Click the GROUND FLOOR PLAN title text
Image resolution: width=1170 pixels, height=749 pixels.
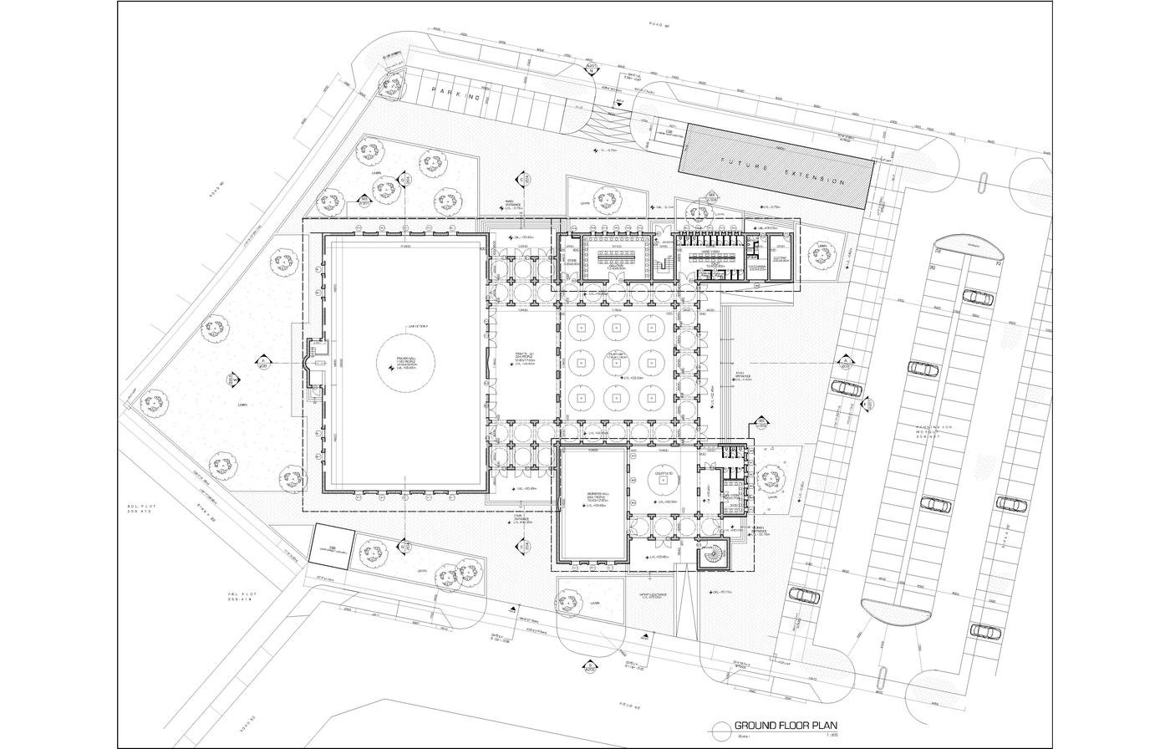tap(786, 726)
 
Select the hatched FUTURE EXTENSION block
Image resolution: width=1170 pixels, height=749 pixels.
tap(776, 167)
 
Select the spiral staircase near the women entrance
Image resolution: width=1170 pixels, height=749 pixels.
tap(713, 552)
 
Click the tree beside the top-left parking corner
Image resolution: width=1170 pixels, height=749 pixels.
tap(390, 84)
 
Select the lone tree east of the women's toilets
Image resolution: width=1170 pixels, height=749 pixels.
tap(770, 476)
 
